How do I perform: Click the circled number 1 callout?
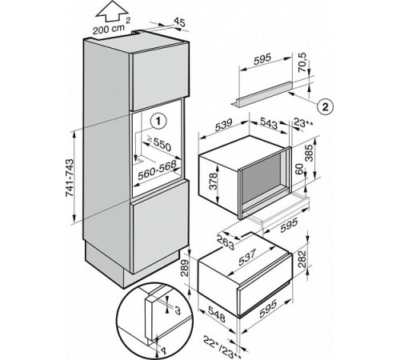coord(158,122)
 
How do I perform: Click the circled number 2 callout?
coord(325,107)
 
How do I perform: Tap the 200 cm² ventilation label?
coord(111,27)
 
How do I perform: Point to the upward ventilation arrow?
coord(111,13)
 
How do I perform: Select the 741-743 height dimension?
coord(70,178)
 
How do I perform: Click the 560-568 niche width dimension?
coord(157,170)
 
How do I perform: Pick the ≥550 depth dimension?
coord(159,143)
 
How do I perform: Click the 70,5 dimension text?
coord(302,62)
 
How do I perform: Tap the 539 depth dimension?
coord(223,126)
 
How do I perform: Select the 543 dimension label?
coord(268,123)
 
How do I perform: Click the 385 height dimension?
coord(309,154)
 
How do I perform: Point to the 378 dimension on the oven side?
coord(213,181)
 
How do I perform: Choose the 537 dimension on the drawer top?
coord(247,258)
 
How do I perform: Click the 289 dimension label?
coord(185,268)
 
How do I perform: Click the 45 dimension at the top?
coord(179,22)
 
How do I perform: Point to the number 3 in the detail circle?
coord(178,310)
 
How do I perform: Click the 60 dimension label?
coord(300,169)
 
